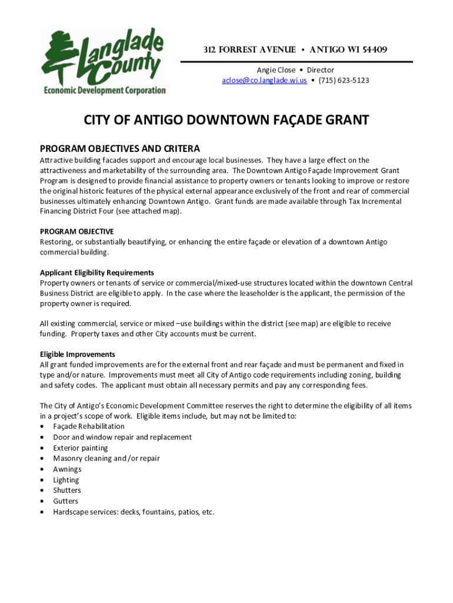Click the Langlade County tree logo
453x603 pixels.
point(59,56)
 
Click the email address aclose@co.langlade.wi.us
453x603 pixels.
point(264,81)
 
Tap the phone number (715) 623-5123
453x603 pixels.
point(344,81)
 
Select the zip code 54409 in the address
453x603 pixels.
point(373,49)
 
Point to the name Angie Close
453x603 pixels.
point(276,70)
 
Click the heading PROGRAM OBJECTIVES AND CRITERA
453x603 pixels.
point(120,148)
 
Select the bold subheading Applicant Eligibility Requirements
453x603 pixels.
point(97,273)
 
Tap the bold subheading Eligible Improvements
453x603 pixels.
point(78,354)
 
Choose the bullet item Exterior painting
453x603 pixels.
point(81,448)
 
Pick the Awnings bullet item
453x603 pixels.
point(67,469)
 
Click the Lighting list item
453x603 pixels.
point(66,480)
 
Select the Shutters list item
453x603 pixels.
point(67,491)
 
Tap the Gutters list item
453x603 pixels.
point(65,501)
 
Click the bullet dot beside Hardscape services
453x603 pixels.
point(42,512)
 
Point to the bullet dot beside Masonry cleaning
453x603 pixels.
point(42,459)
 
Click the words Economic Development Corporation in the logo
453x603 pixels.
point(105,91)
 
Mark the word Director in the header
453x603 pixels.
point(320,70)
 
